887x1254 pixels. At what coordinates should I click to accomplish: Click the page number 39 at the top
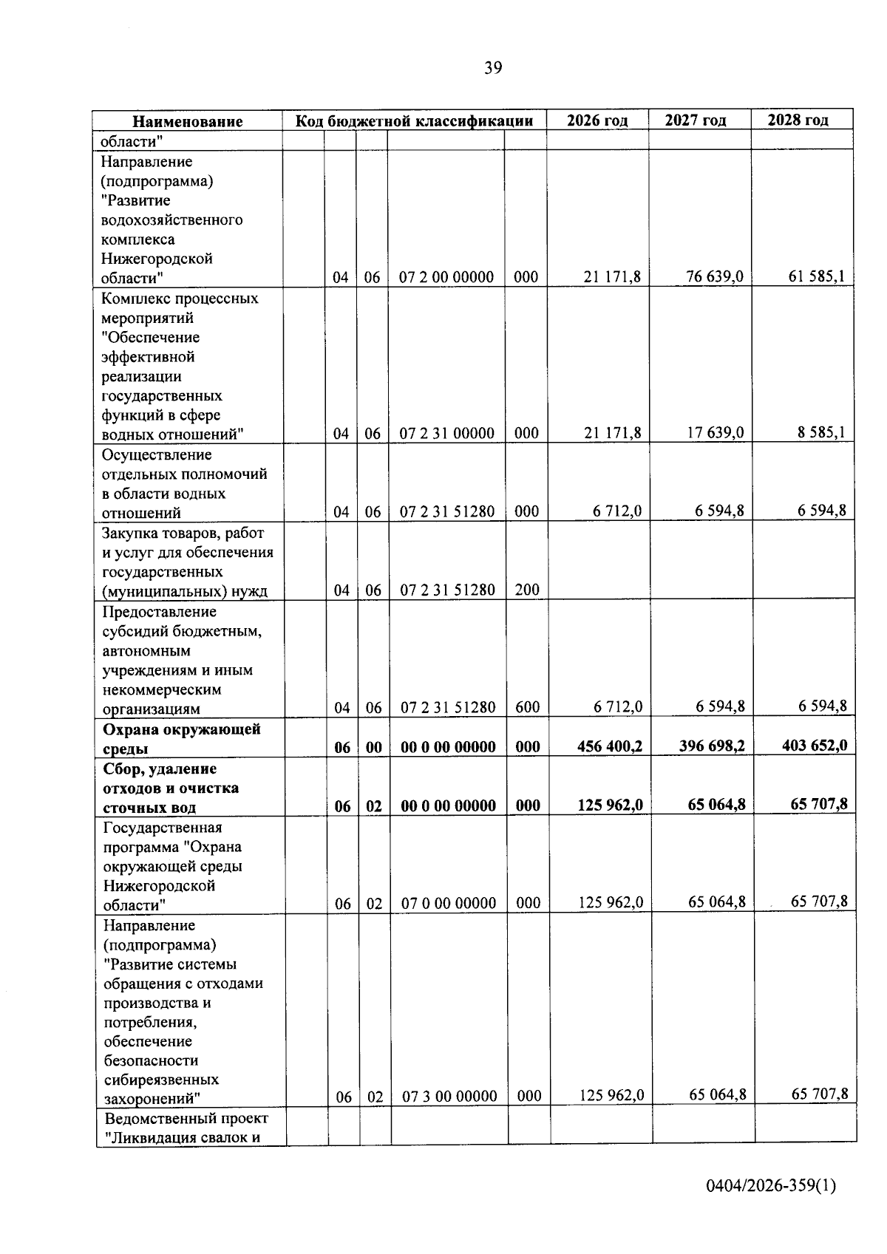pos(493,69)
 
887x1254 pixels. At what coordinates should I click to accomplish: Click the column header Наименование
pos(188,122)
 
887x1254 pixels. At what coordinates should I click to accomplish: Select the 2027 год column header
pos(695,120)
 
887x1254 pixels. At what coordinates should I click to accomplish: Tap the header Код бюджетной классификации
pos(414,121)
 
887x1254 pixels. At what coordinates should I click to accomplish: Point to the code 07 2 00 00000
pos(446,278)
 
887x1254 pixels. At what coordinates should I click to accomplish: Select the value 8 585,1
pos(821,433)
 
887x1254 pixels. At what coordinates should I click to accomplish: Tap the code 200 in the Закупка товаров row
pos(527,590)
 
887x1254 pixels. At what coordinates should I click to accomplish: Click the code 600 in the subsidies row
pos(527,707)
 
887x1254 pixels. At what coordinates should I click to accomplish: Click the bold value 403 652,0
pos(815,746)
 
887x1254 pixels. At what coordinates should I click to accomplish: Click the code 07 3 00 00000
pos(449,1097)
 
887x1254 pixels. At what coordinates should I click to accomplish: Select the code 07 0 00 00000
pos(449,903)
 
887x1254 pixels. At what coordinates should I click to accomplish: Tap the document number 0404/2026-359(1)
pos(770,1186)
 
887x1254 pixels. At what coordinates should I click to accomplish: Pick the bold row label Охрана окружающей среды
pos(181,739)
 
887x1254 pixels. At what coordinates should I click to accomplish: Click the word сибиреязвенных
pos(161,1080)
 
